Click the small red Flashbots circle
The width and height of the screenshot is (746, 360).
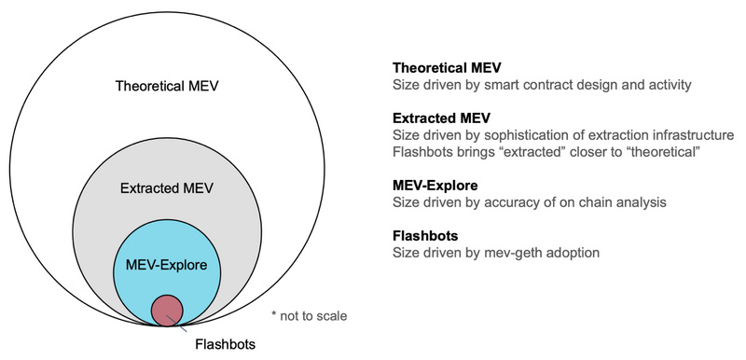167,308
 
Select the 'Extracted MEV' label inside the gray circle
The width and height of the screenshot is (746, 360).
167,188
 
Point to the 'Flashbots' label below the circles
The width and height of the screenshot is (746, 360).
223,343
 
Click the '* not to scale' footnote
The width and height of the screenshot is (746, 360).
308,315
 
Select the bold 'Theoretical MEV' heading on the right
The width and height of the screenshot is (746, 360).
449,68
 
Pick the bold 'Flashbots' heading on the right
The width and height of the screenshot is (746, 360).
425,235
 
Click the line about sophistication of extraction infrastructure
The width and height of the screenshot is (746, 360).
564,135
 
